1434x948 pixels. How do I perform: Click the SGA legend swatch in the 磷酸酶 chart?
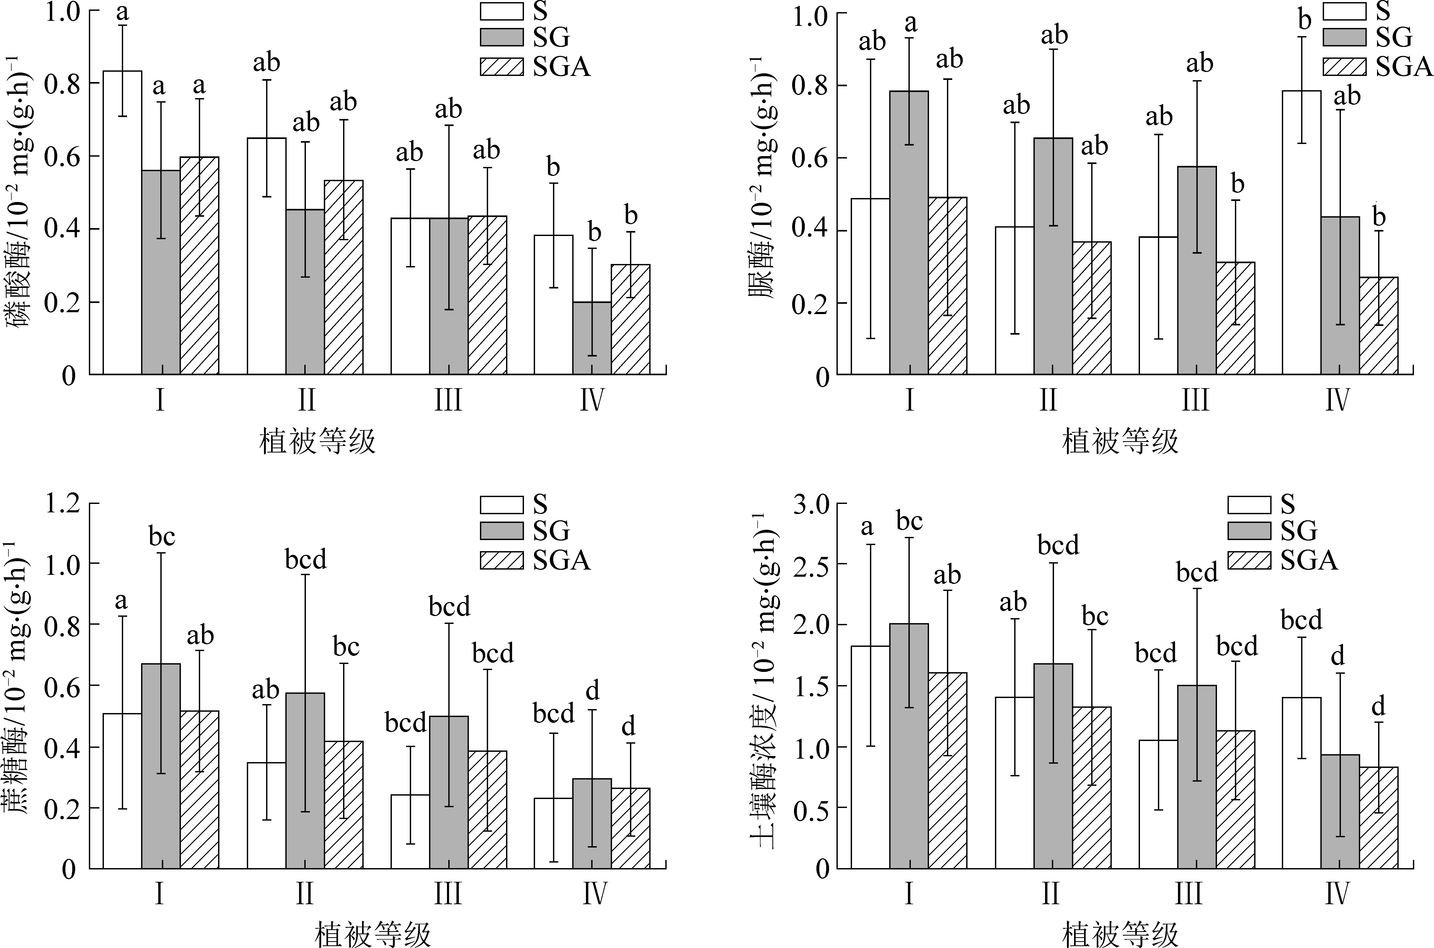click(502, 67)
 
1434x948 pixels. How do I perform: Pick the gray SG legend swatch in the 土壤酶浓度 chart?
click(1249, 531)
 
